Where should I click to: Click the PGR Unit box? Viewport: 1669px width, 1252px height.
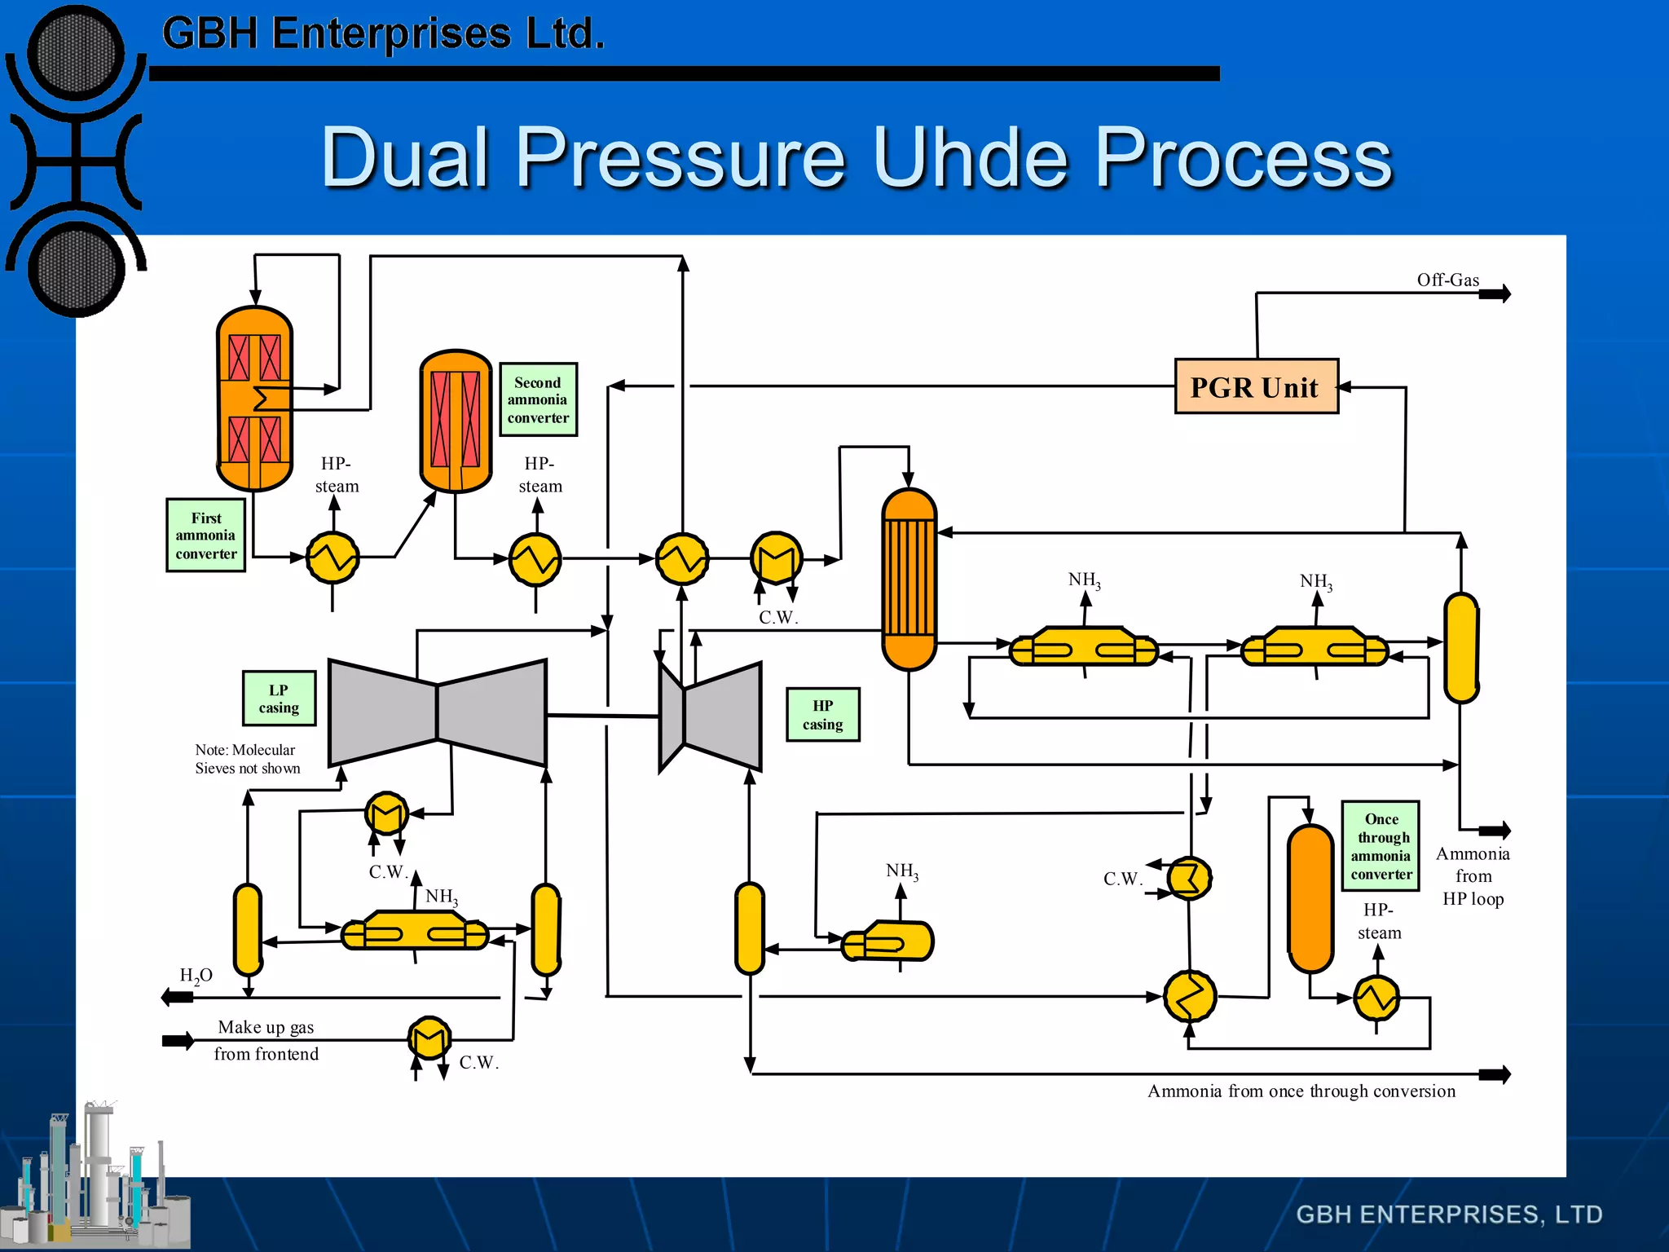tap(1256, 386)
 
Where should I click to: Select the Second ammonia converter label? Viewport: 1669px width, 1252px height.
tap(538, 399)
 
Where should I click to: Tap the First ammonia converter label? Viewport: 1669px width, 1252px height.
tap(206, 536)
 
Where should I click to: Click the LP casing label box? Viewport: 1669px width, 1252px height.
tap(279, 699)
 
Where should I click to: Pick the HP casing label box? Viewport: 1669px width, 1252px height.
tap(822, 715)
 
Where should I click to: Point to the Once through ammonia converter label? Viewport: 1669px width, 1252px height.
tap(1381, 846)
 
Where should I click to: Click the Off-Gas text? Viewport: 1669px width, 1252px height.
tap(1447, 280)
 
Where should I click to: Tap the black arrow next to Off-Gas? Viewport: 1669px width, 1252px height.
tap(1495, 293)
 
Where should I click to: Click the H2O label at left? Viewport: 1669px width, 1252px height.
tap(196, 976)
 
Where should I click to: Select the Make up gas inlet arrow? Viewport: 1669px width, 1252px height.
tap(178, 1041)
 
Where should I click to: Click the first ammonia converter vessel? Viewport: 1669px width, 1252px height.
tap(254, 398)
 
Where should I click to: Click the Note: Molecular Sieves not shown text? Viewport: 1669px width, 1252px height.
tap(247, 759)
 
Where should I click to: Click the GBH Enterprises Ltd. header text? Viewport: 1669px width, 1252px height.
tap(383, 34)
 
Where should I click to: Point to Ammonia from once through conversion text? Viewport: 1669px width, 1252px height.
tap(1301, 1091)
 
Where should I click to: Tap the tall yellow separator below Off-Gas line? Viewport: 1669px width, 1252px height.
tap(1460, 648)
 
